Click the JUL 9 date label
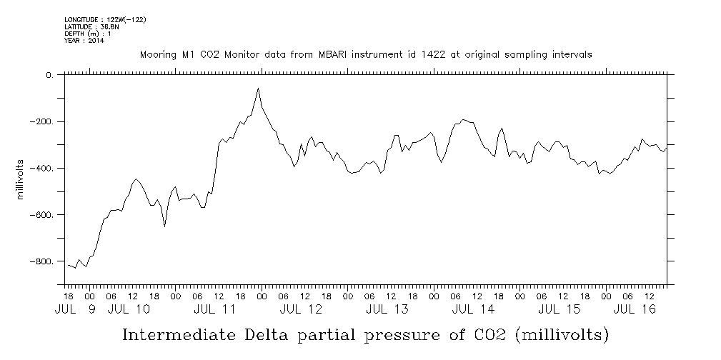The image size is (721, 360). pyautogui.click(x=75, y=310)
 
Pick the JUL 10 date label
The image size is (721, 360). pyautogui.click(x=129, y=310)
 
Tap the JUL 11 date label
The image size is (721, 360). pyautogui.click(x=214, y=310)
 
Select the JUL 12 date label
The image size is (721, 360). pyautogui.click(x=301, y=310)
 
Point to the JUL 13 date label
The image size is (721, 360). pyautogui.click(x=387, y=310)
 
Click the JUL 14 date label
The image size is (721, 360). pyautogui.click(x=473, y=310)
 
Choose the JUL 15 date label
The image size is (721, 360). pyautogui.click(x=559, y=310)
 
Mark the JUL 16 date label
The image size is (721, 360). pyautogui.click(x=635, y=310)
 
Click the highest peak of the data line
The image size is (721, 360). pyautogui.click(x=258, y=89)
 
